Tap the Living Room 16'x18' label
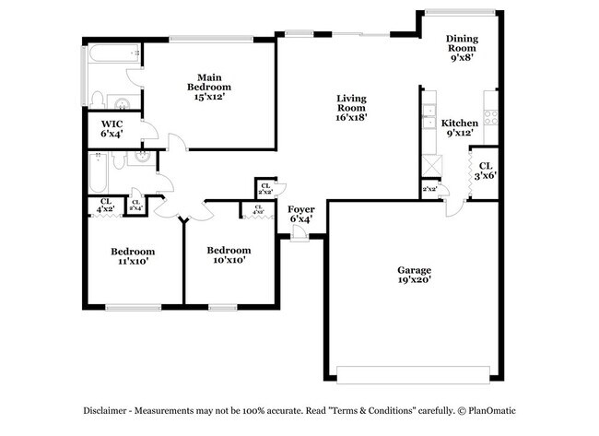pos(351,107)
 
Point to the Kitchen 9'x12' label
pos(459,127)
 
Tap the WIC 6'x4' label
pos(112,129)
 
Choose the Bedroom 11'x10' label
pos(133,255)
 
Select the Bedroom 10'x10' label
pos(228,254)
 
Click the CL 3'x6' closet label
pos(485,171)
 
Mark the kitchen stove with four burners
pos(490,117)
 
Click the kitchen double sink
pos(428,117)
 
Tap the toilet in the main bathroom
pos(99,99)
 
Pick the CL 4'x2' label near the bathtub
pos(106,206)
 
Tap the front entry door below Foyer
pos(299,238)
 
